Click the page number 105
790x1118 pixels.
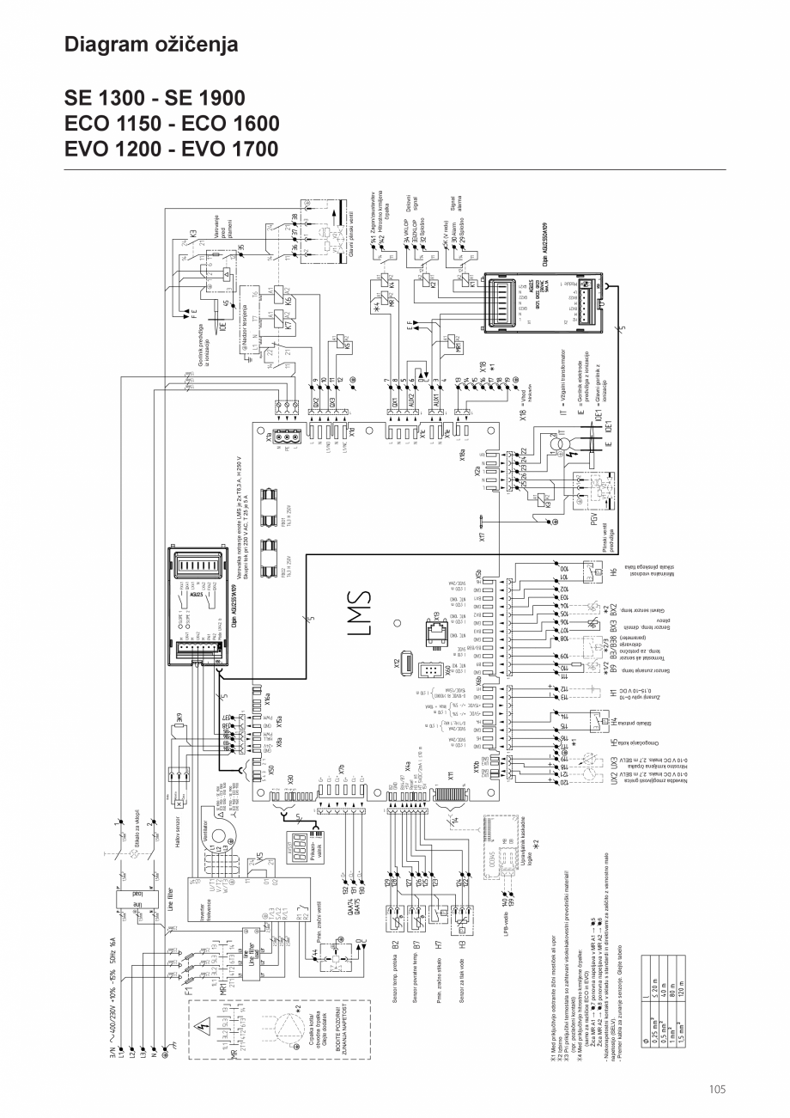[718, 1090]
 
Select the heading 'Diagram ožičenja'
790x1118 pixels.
[151, 44]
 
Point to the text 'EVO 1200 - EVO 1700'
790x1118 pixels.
[172, 149]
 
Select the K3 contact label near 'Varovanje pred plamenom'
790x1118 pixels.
[193, 232]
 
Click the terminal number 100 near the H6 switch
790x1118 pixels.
[565, 569]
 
